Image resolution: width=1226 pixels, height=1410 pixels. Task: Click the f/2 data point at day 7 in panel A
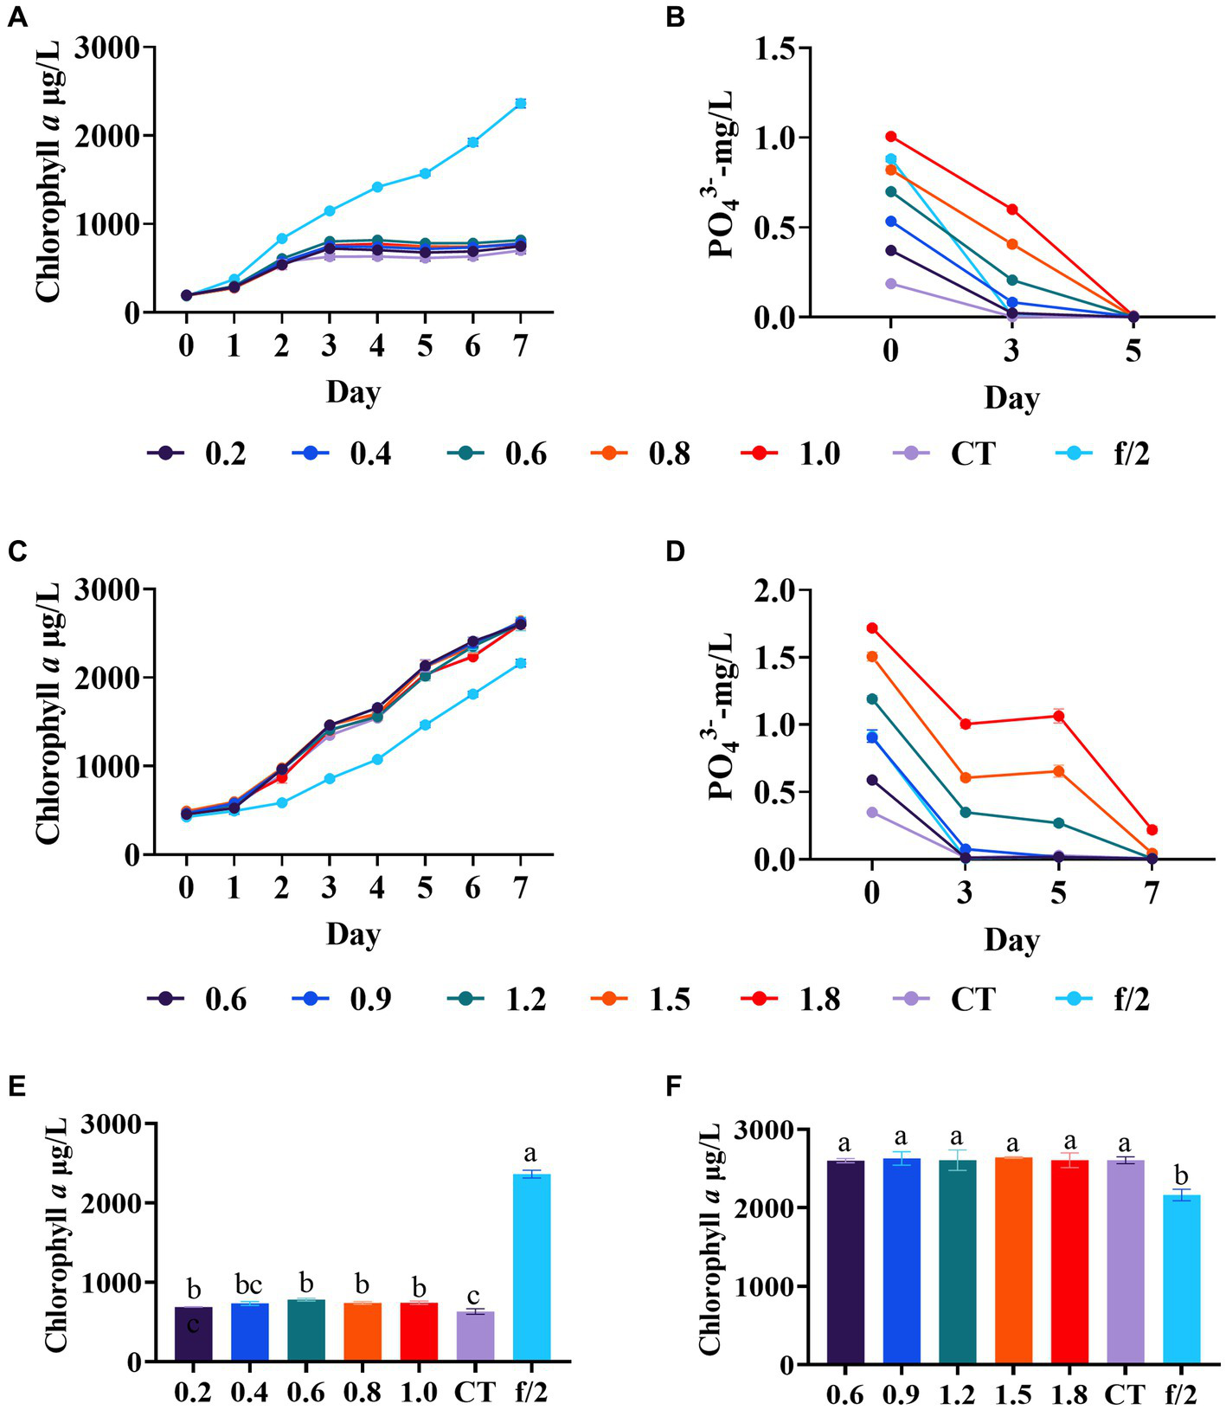point(520,104)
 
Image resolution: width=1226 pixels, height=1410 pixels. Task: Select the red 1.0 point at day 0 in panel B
point(891,137)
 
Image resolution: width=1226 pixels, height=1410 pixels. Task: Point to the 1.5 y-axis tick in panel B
point(775,48)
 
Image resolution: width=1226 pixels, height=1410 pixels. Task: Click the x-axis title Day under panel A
point(353,393)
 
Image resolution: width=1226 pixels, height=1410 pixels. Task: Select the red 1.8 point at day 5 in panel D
point(1058,716)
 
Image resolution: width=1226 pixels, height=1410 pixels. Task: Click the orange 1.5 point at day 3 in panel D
point(965,777)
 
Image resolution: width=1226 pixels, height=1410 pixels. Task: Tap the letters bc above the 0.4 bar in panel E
point(249,1285)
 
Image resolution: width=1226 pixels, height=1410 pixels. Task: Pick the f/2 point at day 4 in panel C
point(377,759)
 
